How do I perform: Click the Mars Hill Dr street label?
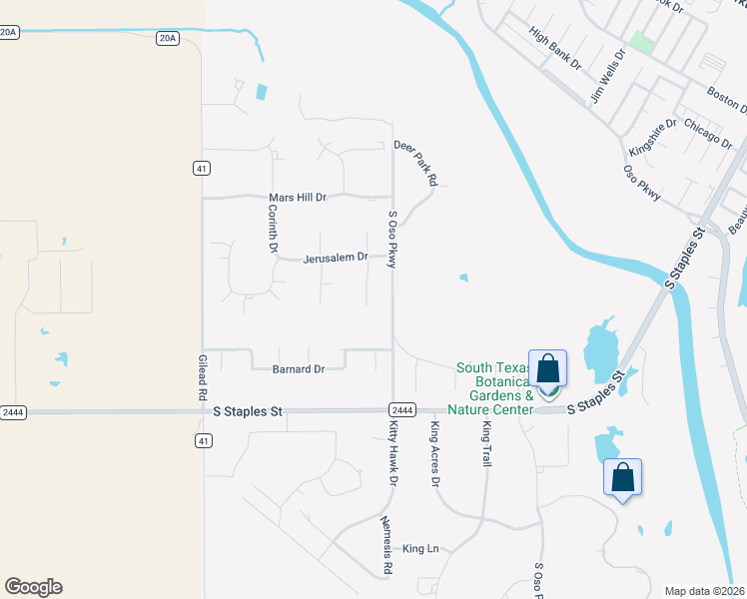click(x=298, y=198)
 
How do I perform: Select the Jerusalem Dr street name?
click(x=336, y=257)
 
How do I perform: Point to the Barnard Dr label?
click(x=299, y=369)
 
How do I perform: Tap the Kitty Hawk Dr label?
click(x=392, y=454)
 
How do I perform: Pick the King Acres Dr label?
click(x=435, y=453)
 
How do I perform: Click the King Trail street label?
click(x=487, y=445)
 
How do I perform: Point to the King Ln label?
click(x=420, y=549)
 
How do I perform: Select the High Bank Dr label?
click(x=555, y=49)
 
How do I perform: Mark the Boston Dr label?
click(x=726, y=97)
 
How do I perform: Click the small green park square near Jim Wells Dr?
click(x=641, y=42)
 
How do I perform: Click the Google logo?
click(x=33, y=587)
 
